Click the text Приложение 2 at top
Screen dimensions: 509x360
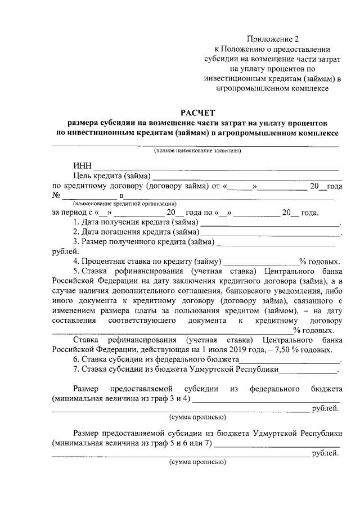click(x=273, y=39)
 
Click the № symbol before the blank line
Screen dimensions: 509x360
click(x=56, y=195)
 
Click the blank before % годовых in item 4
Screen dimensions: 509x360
click(x=261, y=262)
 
